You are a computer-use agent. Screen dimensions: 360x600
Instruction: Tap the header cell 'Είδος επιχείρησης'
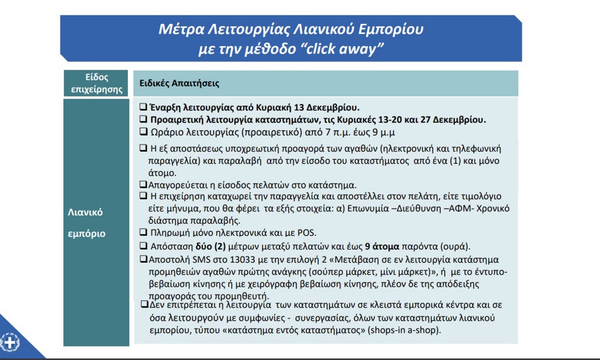point(96,83)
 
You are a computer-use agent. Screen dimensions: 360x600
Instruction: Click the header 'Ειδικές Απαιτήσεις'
point(179,83)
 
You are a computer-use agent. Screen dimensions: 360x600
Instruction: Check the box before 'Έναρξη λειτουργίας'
point(143,107)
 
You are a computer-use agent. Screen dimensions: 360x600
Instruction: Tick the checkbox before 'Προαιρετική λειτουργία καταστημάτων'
point(143,119)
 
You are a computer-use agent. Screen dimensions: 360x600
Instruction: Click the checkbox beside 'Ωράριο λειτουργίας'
point(143,131)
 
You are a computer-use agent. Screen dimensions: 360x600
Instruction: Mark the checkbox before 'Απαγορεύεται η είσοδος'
point(143,184)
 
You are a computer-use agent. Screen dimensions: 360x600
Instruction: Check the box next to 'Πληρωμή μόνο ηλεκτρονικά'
point(143,232)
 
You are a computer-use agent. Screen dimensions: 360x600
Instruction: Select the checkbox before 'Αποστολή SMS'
point(143,259)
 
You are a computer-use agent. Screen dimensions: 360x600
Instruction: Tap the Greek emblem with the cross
point(10,343)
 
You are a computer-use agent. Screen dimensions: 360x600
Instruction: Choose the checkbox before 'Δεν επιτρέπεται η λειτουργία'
point(144,304)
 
